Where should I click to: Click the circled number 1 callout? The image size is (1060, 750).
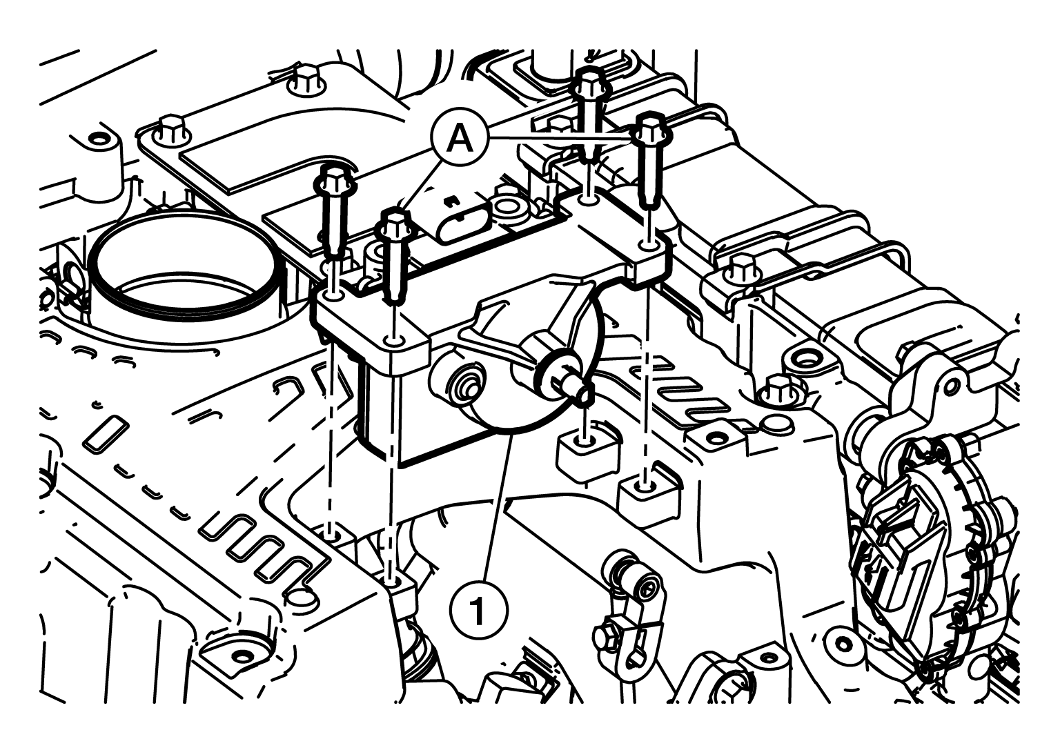[x=478, y=610]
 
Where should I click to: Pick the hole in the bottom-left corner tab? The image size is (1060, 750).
[x=243, y=657]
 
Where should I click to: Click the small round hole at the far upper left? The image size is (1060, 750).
[x=98, y=139]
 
